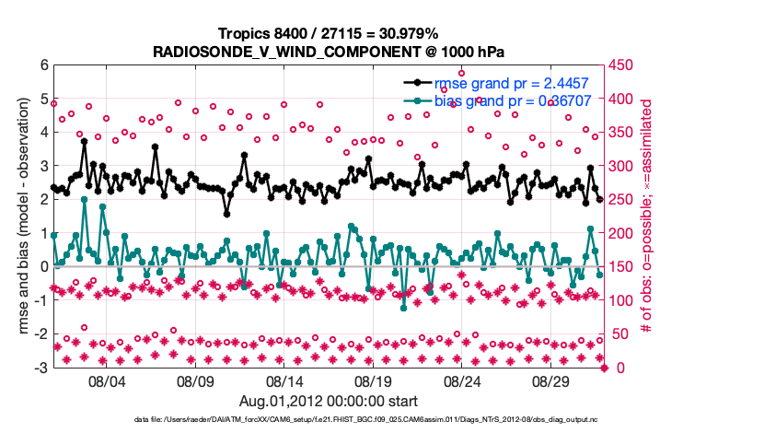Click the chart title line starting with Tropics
[328, 33]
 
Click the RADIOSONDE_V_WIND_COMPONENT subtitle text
[328, 51]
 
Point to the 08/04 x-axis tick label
[106, 380]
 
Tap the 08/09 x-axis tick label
[195, 380]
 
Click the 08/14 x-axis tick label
[284, 380]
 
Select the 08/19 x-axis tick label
[374, 380]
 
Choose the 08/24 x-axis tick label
[463, 380]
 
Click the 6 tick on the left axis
[42, 64]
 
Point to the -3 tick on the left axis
[40, 368]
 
